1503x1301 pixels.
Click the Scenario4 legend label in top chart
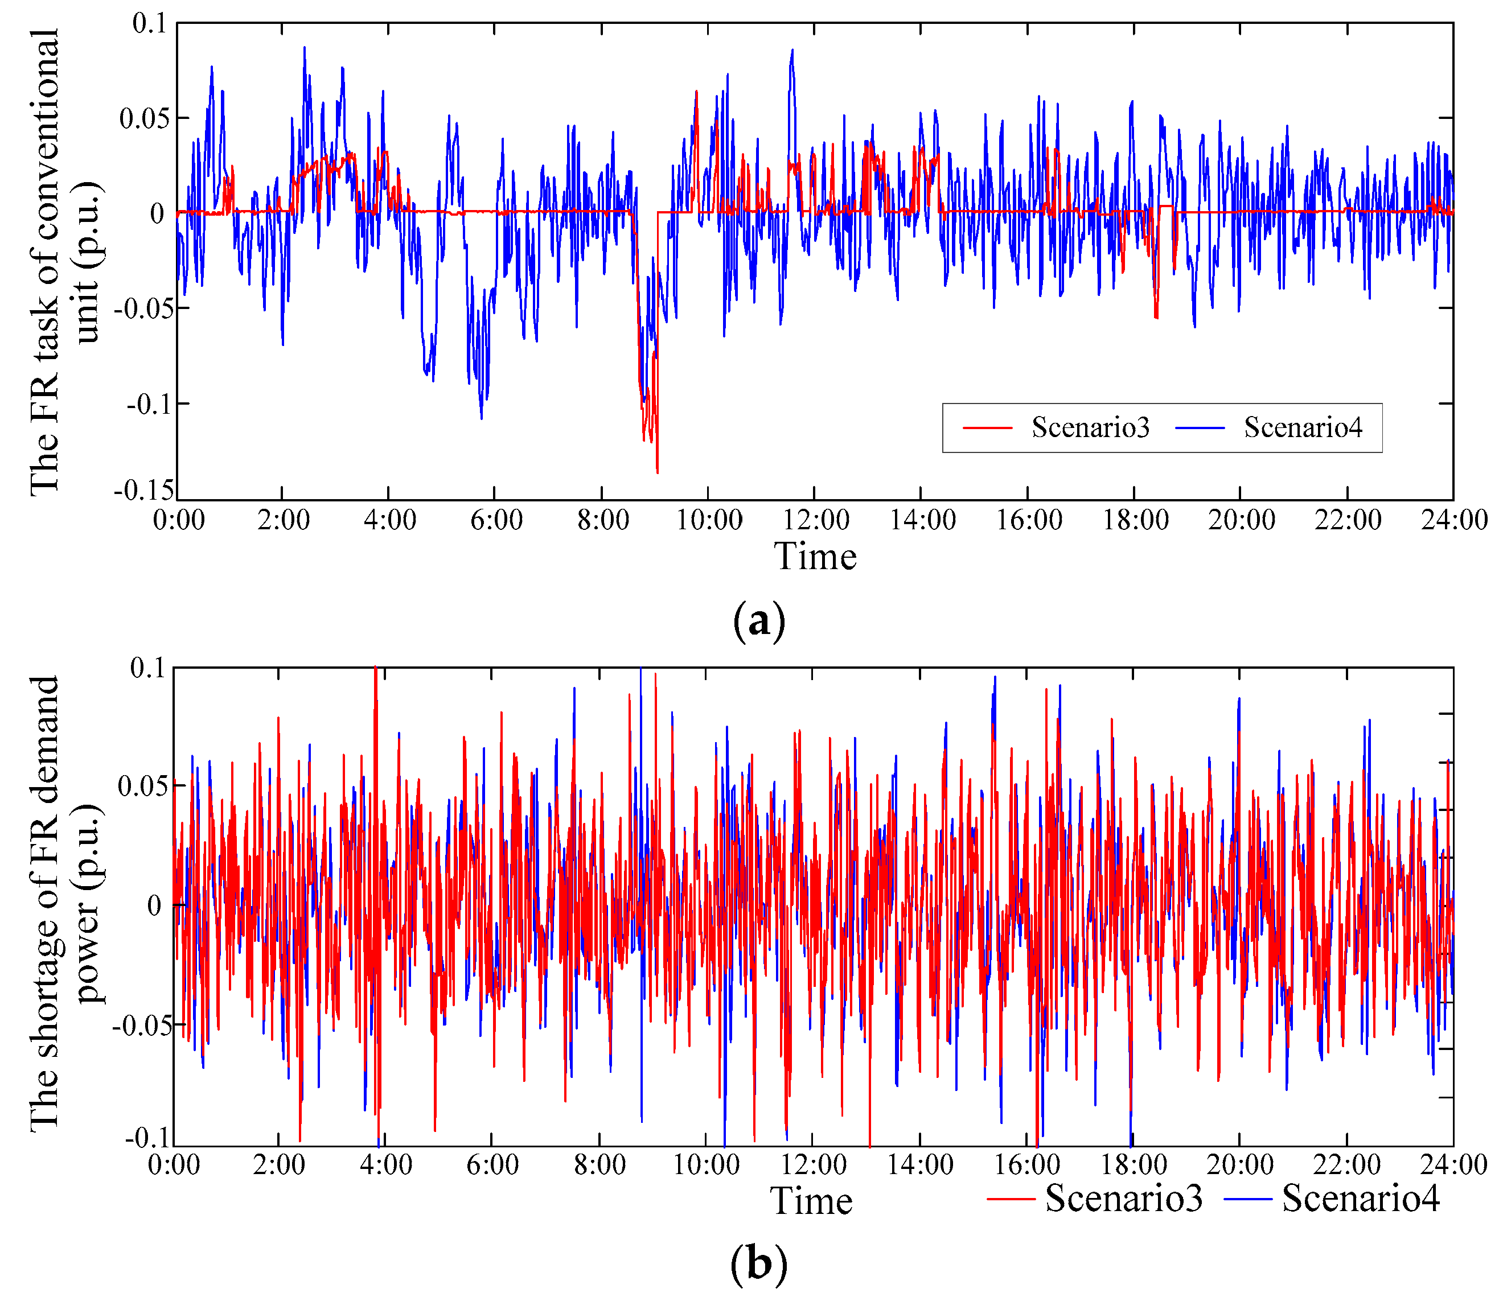coord(1303,427)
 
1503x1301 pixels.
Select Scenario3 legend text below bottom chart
coord(1123,1197)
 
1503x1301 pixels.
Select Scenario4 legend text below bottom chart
coord(1360,1197)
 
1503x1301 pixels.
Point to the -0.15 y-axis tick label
coord(144,491)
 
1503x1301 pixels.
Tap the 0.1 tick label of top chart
coord(150,23)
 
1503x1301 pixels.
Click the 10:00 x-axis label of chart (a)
coord(709,520)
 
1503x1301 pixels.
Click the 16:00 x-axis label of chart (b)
coord(1026,1164)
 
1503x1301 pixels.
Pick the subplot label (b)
coord(759,1264)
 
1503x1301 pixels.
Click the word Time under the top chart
coord(815,557)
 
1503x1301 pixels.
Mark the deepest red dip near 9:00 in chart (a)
coord(657,472)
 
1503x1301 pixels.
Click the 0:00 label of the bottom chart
coord(174,1164)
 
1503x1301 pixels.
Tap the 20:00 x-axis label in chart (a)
coord(1241,520)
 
